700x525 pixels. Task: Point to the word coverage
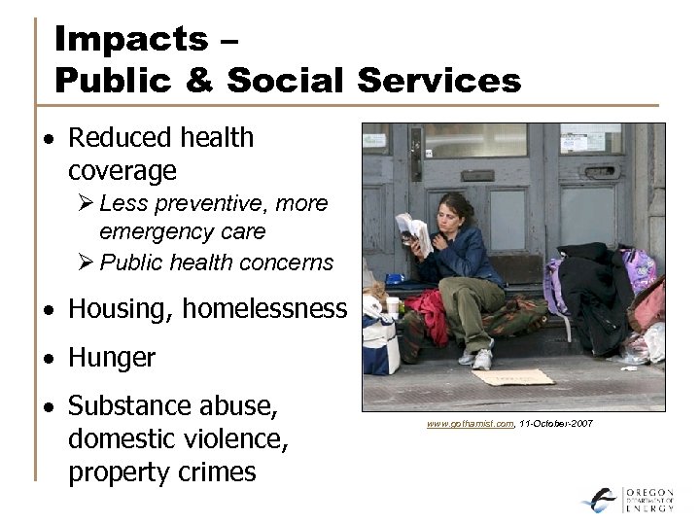click(122, 171)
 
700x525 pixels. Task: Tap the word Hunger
click(112, 358)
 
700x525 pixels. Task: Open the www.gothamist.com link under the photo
click(470, 425)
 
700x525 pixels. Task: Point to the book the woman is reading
click(414, 234)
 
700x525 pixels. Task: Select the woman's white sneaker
click(480, 358)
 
